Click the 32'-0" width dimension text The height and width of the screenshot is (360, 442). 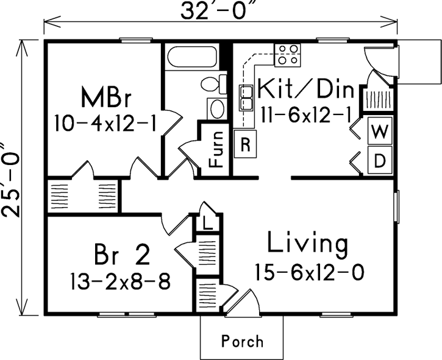tap(220, 11)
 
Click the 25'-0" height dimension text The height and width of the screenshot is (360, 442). tap(11, 180)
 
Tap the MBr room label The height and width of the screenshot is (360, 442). tap(106, 97)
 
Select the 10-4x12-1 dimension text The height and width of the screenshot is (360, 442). tap(105, 123)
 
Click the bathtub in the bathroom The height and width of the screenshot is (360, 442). tap(192, 57)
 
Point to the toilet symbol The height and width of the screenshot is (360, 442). tap(214, 83)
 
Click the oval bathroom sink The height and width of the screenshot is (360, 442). tap(217, 109)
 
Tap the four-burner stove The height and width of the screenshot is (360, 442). tap(288, 55)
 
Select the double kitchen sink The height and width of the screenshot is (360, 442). tap(246, 97)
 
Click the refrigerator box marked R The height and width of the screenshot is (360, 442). tap(245, 144)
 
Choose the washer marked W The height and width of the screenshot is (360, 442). tap(380, 131)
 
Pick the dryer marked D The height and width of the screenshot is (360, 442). tap(380, 160)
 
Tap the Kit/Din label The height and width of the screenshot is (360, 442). tap(306, 89)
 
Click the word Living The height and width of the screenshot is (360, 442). tap(307, 243)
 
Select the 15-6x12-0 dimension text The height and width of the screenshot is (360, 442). tap(309, 272)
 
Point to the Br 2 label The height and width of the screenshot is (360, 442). tap(122, 255)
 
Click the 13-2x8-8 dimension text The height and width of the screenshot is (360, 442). tap(120, 281)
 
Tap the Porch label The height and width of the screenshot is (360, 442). tap(243, 341)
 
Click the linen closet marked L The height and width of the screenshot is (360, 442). tap(207, 224)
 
